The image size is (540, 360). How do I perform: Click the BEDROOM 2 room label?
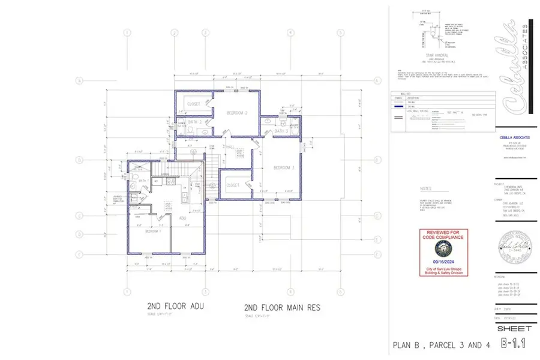point(237,113)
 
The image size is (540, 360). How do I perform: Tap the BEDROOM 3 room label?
point(284,167)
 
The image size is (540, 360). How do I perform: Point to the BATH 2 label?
point(194,122)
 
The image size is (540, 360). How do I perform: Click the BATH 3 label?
point(281,131)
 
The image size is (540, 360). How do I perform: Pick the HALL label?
point(230,146)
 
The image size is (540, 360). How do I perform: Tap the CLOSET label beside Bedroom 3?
point(233,185)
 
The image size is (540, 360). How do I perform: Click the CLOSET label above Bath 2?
point(193,104)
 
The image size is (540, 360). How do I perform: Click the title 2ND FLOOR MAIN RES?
point(282,307)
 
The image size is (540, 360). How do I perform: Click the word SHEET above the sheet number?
point(514,328)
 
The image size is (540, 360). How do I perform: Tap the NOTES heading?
point(427,187)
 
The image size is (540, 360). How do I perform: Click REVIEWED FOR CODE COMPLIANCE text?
point(443,235)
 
